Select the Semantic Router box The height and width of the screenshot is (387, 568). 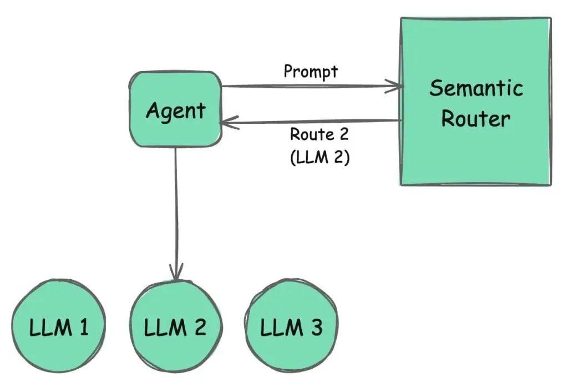point(475,155)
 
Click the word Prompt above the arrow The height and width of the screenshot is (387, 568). point(311,72)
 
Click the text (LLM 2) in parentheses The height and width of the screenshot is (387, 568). point(319,157)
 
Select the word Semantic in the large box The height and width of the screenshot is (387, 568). point(476,89)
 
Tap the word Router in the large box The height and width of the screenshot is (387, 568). point(476,119)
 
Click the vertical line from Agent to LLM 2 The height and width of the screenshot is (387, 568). point(176,211)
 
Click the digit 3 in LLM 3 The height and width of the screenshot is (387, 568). point(316,327)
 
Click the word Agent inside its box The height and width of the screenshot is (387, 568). point(175,112)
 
